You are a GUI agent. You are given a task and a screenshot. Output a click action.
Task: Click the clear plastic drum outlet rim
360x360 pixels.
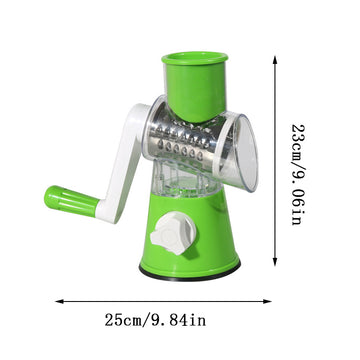pos(243,150)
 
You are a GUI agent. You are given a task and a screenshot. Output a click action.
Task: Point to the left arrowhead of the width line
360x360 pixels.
pos(57,297)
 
